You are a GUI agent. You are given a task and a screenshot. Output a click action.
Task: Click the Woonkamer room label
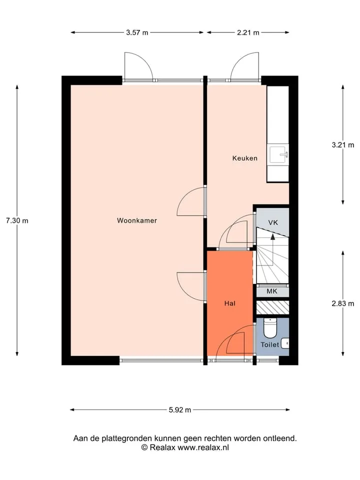(x=137, y=220)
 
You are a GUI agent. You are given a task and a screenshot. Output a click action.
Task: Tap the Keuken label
(x=245, y=158)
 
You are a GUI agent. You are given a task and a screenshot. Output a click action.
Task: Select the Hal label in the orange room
(x=230, y=303)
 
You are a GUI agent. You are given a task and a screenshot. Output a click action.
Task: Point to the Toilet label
(x=269, y=344)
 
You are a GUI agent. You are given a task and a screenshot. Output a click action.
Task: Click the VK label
(x=273, y=222)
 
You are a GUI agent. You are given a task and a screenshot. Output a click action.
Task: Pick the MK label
(x=272, y=291)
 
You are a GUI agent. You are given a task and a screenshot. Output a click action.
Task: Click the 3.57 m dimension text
(x=137, y=32)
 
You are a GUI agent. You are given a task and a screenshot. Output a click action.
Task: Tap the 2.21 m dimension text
(x=248, y=32)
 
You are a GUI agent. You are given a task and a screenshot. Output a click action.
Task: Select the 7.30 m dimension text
(x=17, y=220)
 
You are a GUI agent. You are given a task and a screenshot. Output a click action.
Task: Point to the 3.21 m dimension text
(x=343, y=145)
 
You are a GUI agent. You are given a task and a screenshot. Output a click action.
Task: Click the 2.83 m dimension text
(x=343, y=303)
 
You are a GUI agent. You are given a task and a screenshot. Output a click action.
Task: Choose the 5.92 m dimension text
(x=180, y=410)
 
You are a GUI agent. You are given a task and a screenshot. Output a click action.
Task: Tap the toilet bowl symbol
(x=270, y=327)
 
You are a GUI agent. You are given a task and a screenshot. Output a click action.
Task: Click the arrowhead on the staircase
(x=272, y=236)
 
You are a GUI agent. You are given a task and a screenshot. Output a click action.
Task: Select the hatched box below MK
(x=272, y=307)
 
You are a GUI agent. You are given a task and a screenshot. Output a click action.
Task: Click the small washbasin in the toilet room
(x=285, y=343)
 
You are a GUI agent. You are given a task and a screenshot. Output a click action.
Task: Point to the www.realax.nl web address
(x=203, y=447)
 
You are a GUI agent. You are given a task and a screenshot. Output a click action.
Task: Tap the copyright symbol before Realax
(x=144, y=447)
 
